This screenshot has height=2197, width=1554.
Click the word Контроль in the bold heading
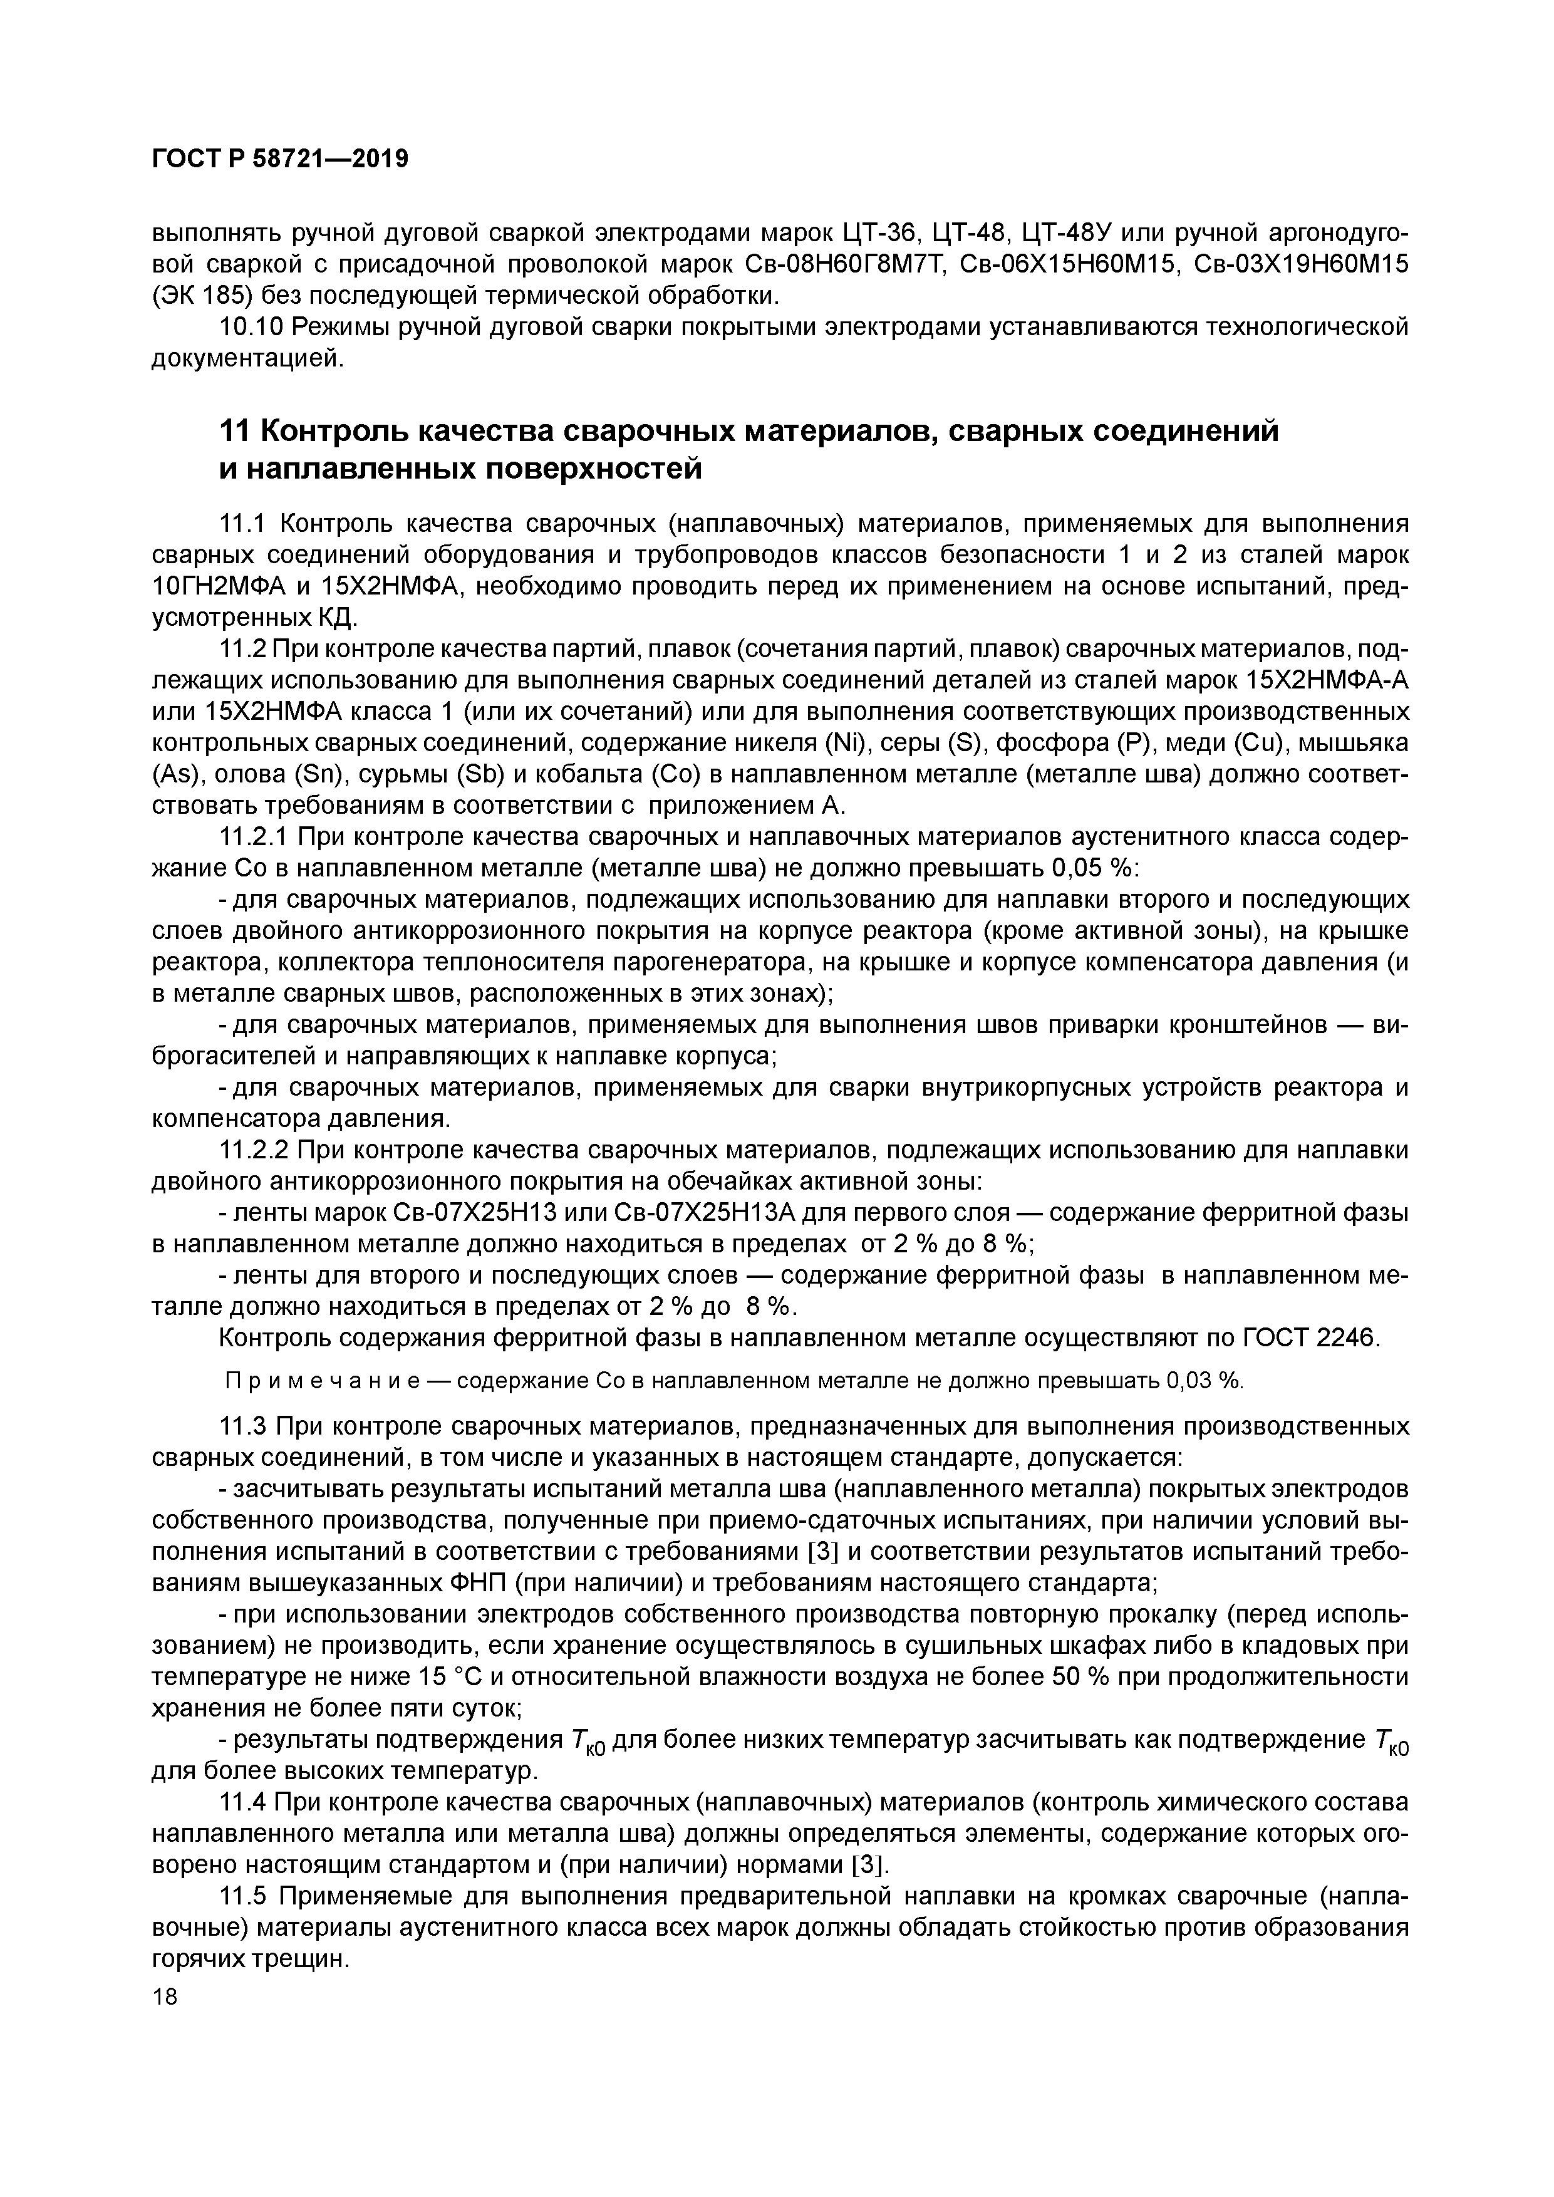click(329, 432)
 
